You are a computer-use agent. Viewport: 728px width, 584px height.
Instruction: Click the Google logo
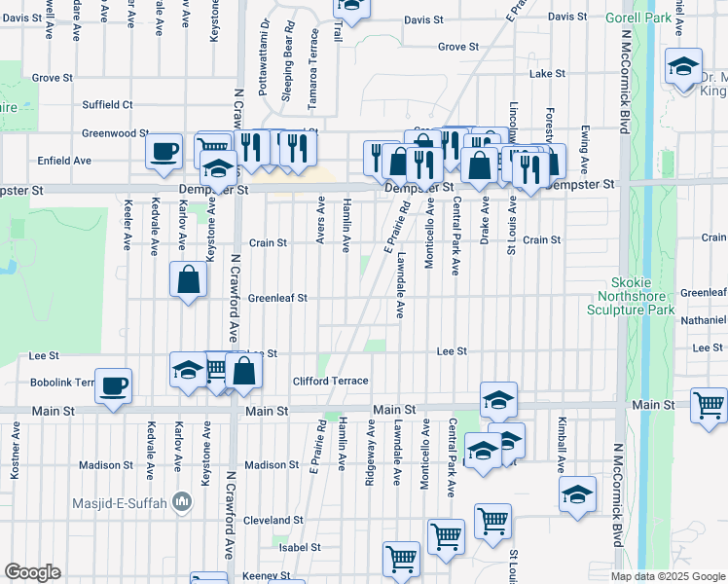(32, 572)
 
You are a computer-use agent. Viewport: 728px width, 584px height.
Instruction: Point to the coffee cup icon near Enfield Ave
(164, 151)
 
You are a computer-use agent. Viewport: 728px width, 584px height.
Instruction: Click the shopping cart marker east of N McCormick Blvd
(710, 403)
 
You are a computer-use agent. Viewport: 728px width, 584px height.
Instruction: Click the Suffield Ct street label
(107, 104)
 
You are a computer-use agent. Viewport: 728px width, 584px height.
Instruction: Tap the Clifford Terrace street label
(331, 382)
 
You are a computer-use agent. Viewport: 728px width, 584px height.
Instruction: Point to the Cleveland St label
(269, 520)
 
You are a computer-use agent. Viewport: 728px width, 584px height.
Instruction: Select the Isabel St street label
(293, 548)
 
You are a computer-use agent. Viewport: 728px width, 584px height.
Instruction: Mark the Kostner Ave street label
(15, 455)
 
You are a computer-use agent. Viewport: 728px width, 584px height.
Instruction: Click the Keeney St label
(260, 576)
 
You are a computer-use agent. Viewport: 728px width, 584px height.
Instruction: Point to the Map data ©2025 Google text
(667, 576)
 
